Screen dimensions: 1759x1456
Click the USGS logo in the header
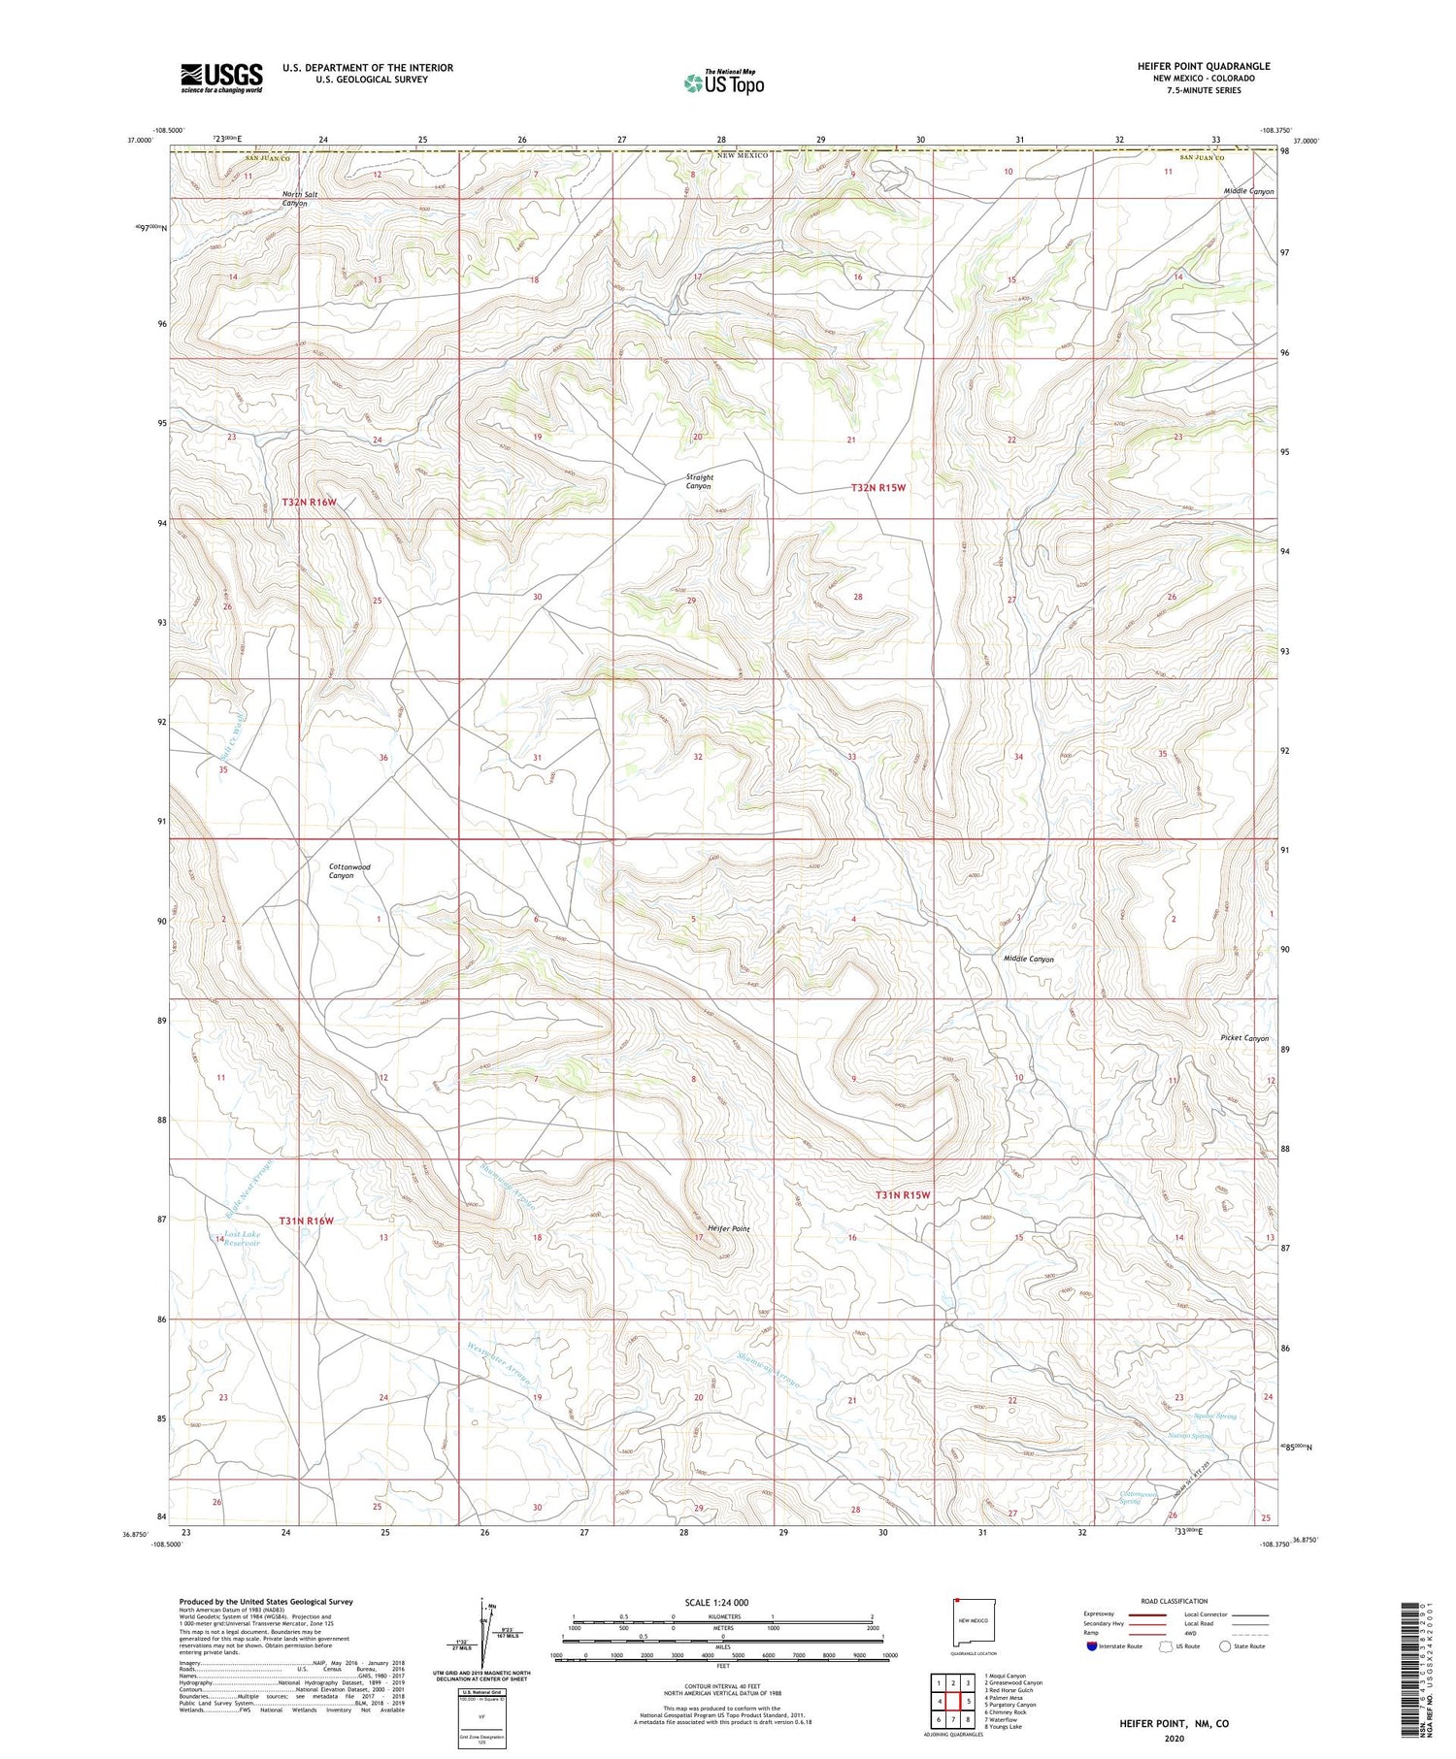pyautogui.click(x=221, y=78)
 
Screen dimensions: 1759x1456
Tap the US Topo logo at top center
pyautogui.click(x=724, y=83)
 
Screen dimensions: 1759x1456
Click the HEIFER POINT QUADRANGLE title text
pyautogui.click(x=1204, y=66)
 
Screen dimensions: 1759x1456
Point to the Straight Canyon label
pyautogui.click(x=699, y=481)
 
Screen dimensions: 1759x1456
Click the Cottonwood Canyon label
pyautogui.click(x=348, y=870)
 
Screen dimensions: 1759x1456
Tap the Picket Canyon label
pyautogui.click(x=1244, y=1038)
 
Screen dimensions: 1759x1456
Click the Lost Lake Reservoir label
pyautogui.click(x=242, y=1238)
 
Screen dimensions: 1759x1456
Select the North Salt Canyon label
pyautogui.click(x=299, y=199)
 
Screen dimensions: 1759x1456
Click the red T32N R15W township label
pyautogui.click(x=877, y=488)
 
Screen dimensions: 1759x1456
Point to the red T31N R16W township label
pyautogui.click(x=307, y=1221)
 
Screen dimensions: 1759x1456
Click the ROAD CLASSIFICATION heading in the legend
pyautogui.click(x=1175, y=1601)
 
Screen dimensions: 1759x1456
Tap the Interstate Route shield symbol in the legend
pyautogui.click(x=1092, y=1646)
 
